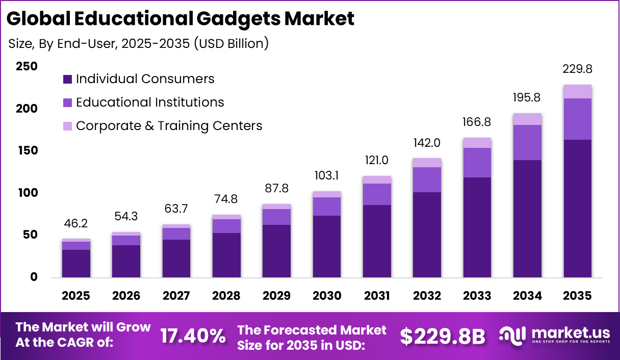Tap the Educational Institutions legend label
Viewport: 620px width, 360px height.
point(150,102)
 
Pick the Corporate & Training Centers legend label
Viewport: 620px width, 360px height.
point(169,126)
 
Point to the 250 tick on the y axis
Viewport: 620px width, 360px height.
point(27,66)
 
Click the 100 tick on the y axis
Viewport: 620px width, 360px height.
point(27,193)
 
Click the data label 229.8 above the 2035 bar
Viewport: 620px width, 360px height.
point(577,69)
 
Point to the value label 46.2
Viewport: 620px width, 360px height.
point(76,223)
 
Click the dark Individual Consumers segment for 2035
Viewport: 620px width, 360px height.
point(577,209)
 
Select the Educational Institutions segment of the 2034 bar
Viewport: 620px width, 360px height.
point(527,142)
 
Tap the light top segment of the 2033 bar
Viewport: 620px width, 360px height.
point(477,142)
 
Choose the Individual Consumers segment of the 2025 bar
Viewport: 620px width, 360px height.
point(76,264)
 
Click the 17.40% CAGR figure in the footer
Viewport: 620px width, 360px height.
point(193,336)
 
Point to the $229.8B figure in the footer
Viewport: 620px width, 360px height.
point(442,336)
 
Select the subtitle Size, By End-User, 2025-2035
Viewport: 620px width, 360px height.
point(138,44)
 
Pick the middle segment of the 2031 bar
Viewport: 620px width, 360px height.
point(377,194)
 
